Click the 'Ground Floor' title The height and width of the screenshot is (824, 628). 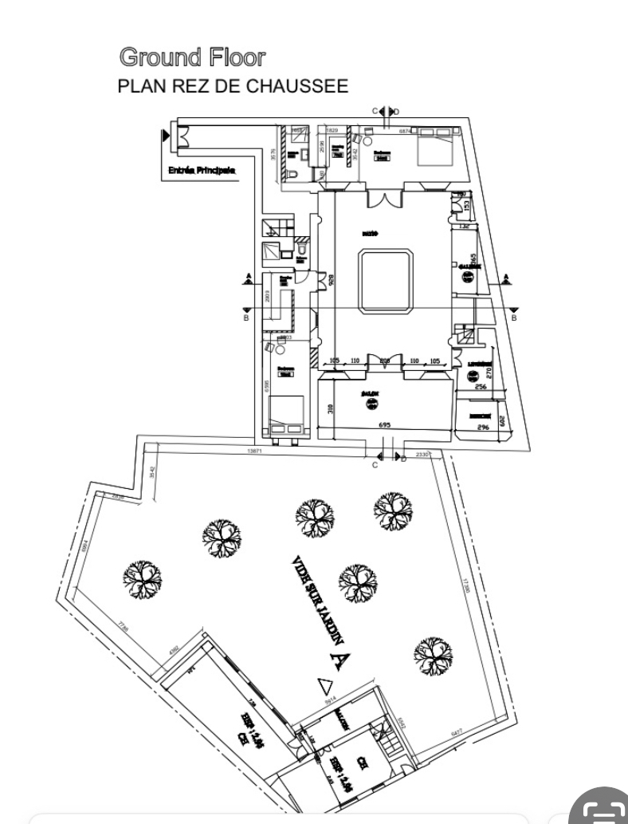click(x=191, y=57)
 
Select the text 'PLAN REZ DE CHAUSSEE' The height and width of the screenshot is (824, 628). click(x=233, y=86)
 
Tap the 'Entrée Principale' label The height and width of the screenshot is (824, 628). click(x=202, y=170)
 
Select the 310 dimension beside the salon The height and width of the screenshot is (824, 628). click(x=329, y=408)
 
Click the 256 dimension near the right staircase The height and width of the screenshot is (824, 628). click(x=480, y=386)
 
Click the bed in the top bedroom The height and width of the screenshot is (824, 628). click(x=433, y=146)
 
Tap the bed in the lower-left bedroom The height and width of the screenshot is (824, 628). click(x=285, y=414)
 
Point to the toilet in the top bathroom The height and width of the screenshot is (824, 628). click(x=293, y=173)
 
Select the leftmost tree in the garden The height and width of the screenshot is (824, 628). click(x=142, y=577)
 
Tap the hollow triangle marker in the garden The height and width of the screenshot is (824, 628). click(x=324, y=684)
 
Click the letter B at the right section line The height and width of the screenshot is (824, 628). click(x=514, y=317)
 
